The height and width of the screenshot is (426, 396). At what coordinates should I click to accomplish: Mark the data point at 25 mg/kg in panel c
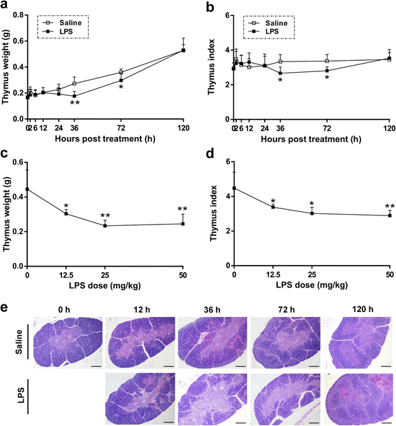click(105, 225)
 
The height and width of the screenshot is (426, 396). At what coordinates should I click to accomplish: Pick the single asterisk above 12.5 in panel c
click(66, 206)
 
